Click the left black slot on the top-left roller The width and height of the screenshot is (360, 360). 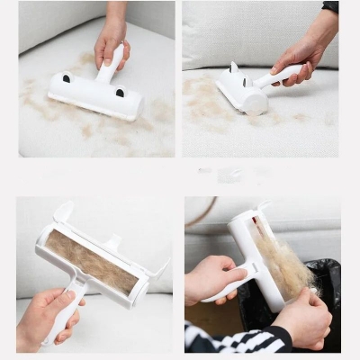click(65, 78)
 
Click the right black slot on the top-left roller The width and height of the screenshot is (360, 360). click(121, 92)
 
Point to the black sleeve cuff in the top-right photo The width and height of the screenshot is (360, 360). click(330, 6)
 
